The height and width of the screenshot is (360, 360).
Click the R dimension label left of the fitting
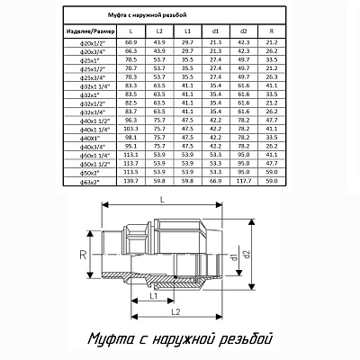84,256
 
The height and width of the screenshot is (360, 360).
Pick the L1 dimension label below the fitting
155,293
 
